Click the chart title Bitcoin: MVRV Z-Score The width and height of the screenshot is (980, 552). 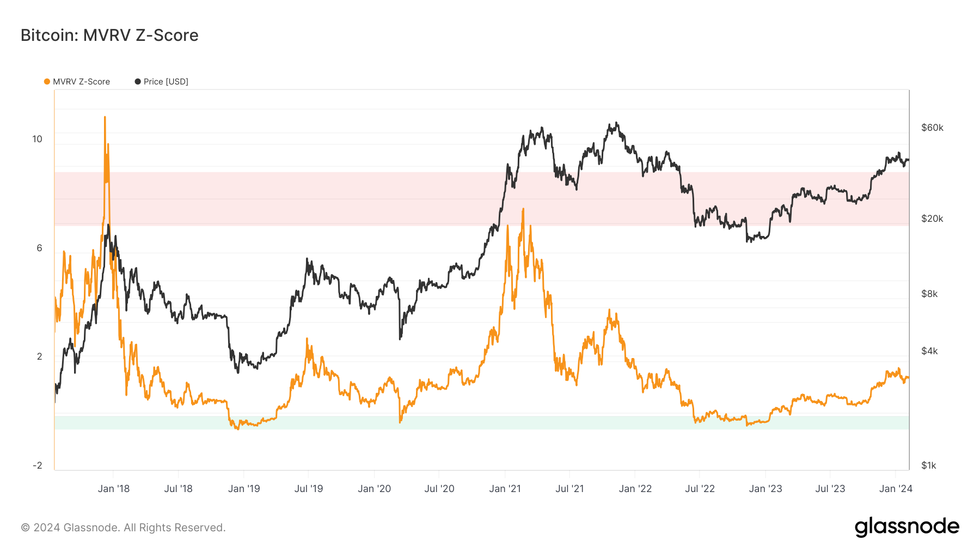[109, 35]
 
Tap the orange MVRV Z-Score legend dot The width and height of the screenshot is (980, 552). [47, 82]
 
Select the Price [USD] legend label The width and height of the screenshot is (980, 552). [166, 82]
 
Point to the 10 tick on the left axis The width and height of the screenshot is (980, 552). [37, 139]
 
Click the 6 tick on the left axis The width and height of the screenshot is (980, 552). [39, 248]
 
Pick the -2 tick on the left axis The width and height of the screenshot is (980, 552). [37, 465]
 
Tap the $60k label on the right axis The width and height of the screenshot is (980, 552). [932, 128]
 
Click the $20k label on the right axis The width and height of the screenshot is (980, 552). [932, 219]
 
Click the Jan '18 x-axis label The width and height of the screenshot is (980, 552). [114, 489]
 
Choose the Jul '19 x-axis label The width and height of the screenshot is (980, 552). [309, 489]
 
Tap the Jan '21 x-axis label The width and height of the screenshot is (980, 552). [505, 489]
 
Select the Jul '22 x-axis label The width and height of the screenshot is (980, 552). [700, 489]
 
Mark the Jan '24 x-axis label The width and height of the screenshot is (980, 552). [896, 489]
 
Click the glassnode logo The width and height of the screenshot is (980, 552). [906, 527]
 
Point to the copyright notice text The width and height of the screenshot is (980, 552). [123, 527]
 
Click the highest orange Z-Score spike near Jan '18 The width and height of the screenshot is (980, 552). [105, 117]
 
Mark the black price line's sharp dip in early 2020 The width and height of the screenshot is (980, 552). [400, 338]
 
